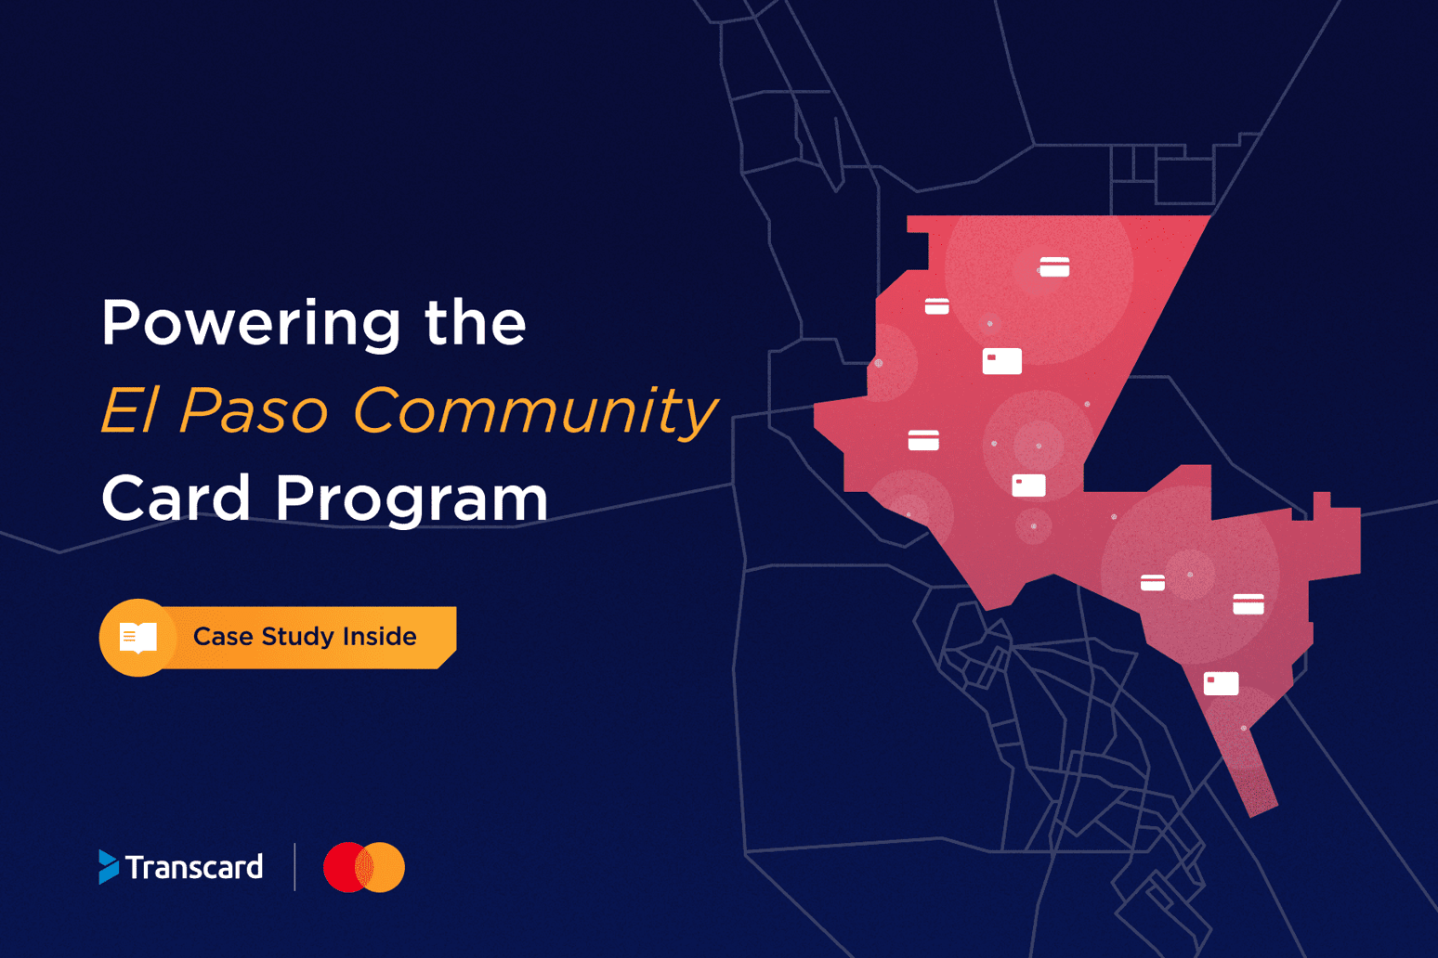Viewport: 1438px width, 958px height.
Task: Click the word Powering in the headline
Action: tap(251, 325)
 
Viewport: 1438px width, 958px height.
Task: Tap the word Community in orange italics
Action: tap(535, 413)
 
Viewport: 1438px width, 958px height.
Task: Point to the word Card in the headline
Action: tap(176, 497)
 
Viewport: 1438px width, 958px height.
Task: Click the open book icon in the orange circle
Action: tap(138, 638)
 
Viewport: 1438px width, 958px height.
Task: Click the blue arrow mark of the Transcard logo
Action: tap(109, 867)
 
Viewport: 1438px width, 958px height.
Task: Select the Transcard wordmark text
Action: tap(194, 867)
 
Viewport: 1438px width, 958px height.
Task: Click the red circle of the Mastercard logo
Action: tap(344, 868)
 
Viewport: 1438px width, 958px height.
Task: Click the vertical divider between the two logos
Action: tap(294, 867)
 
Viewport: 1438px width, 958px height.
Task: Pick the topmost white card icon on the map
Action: tap(1054, 266)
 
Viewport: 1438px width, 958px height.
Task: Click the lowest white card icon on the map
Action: tap(1221, 683)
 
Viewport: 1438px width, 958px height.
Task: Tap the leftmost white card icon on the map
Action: tap(923, 440)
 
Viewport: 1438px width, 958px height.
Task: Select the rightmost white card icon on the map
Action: tap(1248, 603)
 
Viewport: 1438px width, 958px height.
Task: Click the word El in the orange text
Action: tap(130, 409)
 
